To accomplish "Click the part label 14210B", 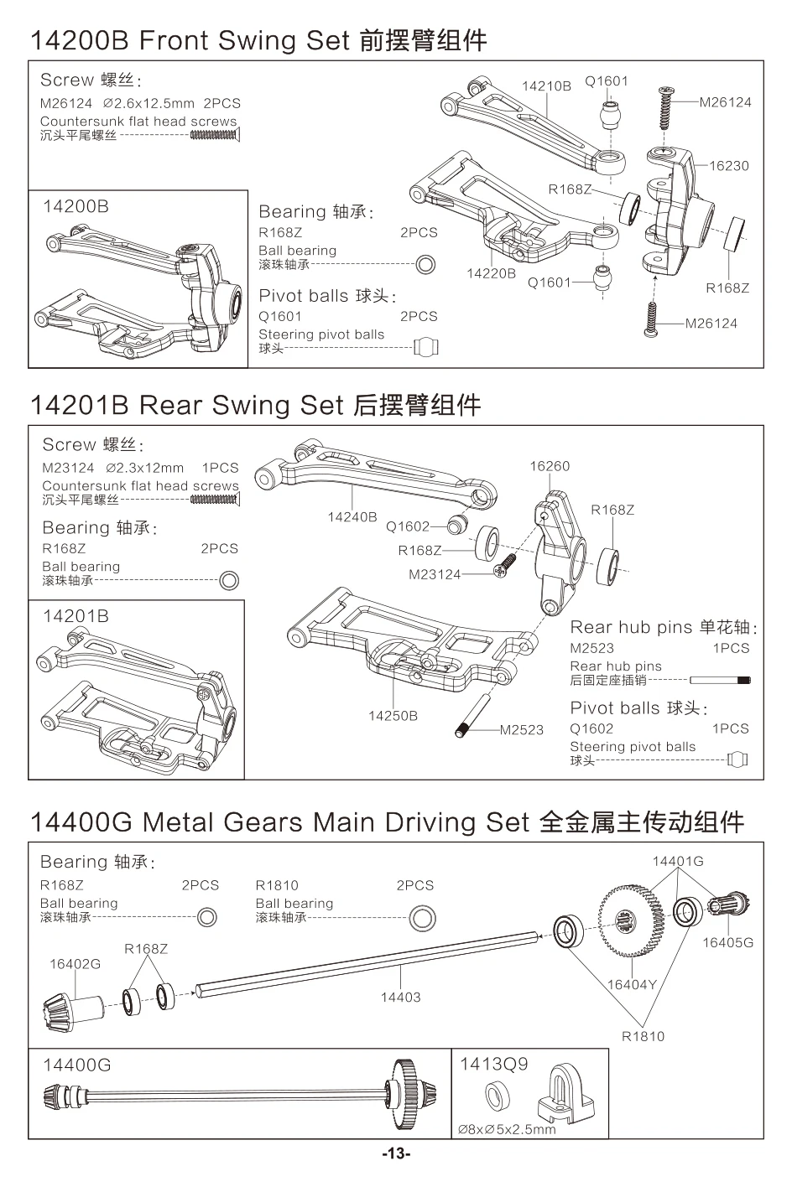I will click(546, 86).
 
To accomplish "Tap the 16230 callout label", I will click(728, 166).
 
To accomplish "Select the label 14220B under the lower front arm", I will click(491, 273).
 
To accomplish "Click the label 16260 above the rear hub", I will click(550, 466).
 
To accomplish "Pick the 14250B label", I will click(393, 716).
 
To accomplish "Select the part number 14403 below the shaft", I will click(400, 998).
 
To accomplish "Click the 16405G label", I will click(727, 942).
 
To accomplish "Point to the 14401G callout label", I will click(678, 861).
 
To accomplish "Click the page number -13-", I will click(396, 1154).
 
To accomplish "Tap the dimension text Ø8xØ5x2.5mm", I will click(507, 1129).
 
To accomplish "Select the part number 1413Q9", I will click(494, 1064).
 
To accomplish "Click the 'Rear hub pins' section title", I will click(631, 627).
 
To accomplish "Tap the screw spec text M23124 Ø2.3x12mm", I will click(112, 468).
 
